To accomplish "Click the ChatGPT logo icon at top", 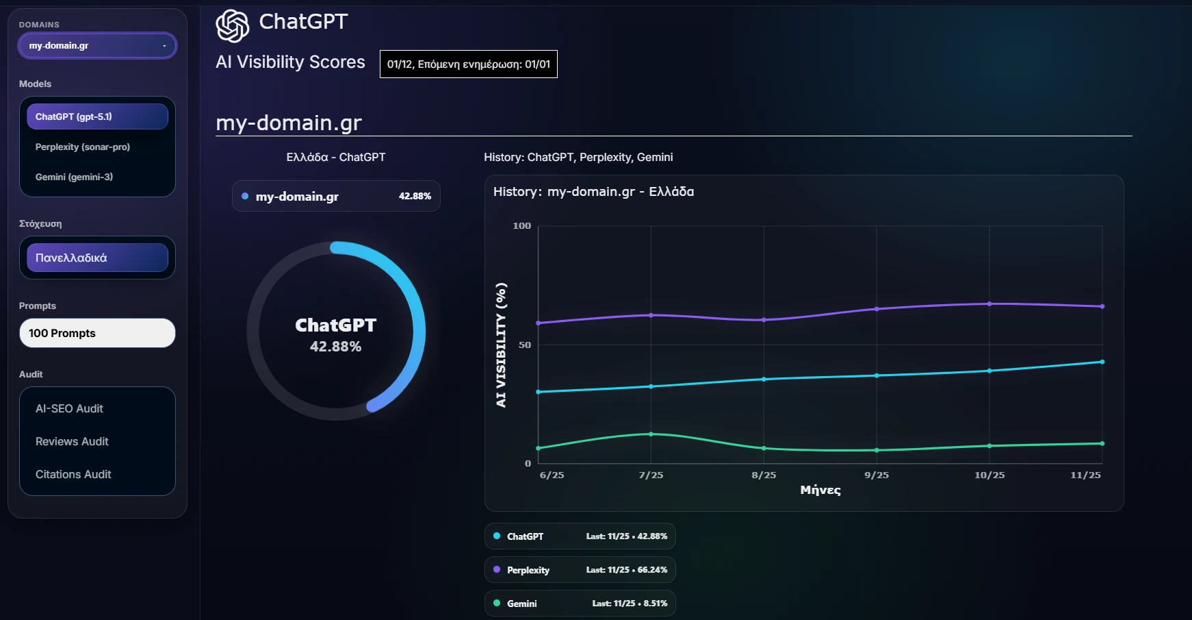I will (x=233, y=26).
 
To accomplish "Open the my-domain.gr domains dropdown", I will (x=97, y=46).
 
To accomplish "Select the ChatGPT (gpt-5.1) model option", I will (x=97, y=116).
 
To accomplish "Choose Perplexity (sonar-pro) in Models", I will (x=83, y=147).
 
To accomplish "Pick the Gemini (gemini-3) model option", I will (x=75, y=177).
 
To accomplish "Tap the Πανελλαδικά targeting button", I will (x=97, y=258).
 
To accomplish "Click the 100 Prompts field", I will (x=97, y=333).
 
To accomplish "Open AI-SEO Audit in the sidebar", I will (x=70, y=408).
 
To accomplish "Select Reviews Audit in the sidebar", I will (x=72, y=441).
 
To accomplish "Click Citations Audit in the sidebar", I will (x=73, y=474).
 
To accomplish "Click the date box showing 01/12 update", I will (x=469, y=64).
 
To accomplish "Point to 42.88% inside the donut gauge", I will (x=335, y=347).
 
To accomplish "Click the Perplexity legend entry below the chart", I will (x=580, y=570).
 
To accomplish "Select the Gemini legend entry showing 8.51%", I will (x=580, y=604).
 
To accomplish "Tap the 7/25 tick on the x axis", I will (x=651, y=475).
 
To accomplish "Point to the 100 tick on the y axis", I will (x=521, y=226).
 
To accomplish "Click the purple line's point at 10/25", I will (x=989, y=304).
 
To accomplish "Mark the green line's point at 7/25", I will (x=651, y=434).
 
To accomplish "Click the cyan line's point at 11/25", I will (x=1102, y=362).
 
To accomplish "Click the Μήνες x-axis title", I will (x=820, y=490).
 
